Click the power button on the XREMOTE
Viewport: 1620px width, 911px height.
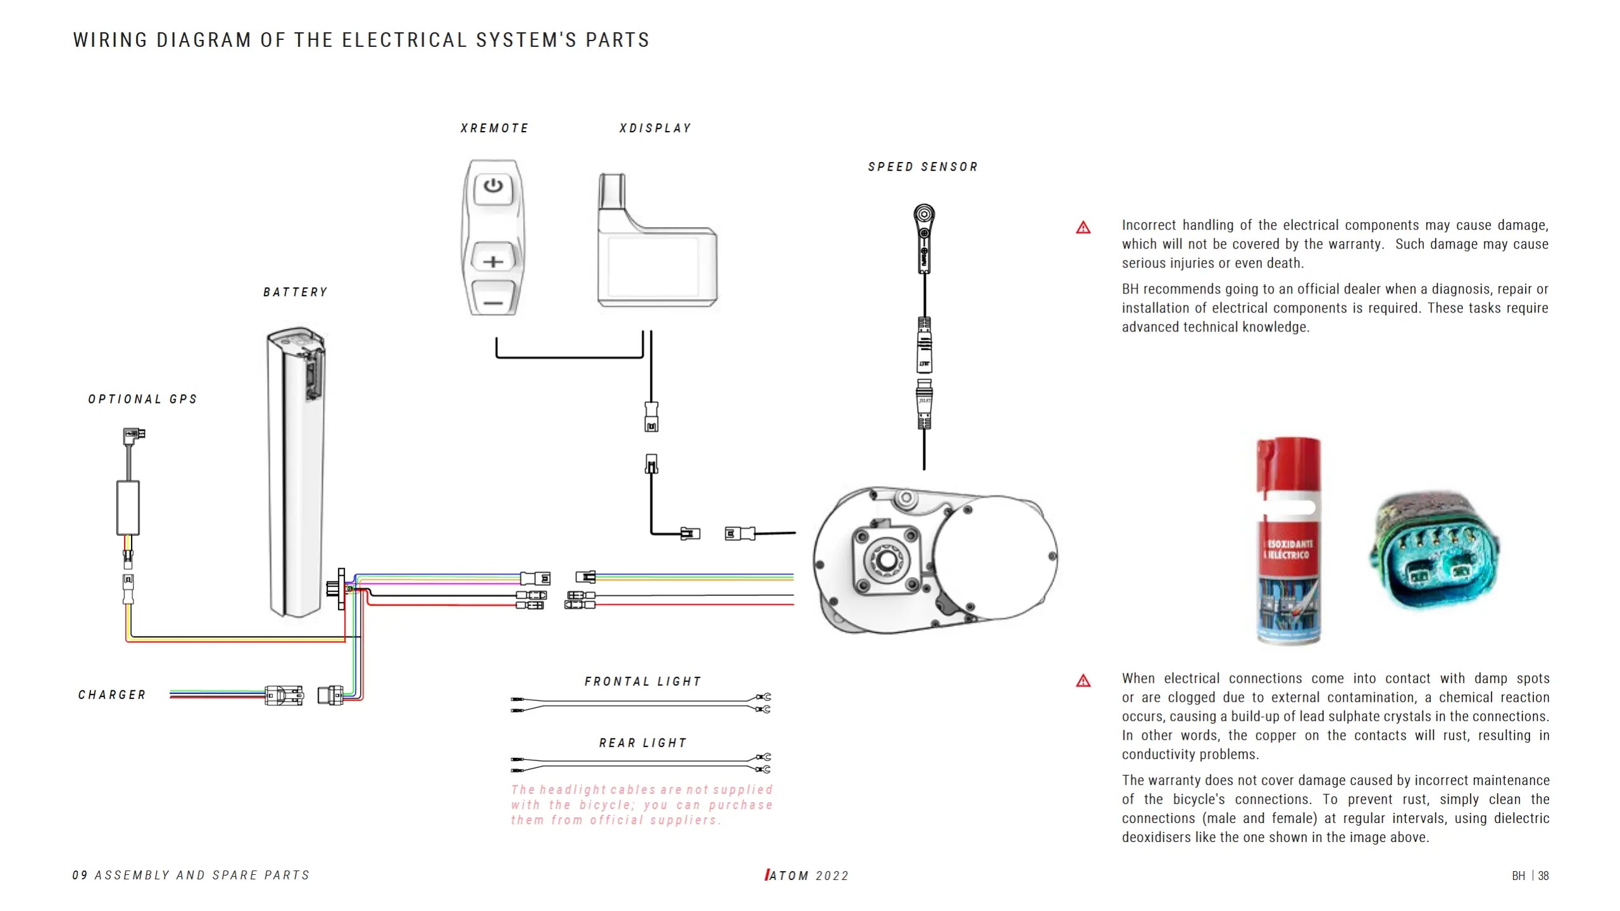(493, 186)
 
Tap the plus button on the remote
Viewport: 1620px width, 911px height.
(493, 261)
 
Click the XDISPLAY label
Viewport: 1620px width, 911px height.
(655, 128)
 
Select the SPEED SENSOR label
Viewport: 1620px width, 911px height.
(923, 167)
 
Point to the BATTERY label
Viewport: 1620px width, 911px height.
(296, 292)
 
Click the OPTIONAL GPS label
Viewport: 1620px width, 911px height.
(143, 399)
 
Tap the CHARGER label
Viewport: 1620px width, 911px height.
(112, 695)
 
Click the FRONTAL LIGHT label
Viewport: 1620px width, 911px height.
(643, 681)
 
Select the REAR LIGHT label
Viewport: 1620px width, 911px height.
(643, 743)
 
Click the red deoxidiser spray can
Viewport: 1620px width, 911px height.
(1288, 541)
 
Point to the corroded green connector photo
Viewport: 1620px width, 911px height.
(1435, 550)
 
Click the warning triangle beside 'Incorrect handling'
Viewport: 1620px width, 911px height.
(1083, 228)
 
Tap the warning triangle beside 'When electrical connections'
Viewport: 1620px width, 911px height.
(1083, 681)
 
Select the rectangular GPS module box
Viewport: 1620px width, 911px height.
(128, 508)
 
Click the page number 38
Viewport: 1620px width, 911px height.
(1543, 876)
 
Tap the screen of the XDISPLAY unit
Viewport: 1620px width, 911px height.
(653, 266)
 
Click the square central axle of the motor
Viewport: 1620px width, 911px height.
(886, 559)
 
